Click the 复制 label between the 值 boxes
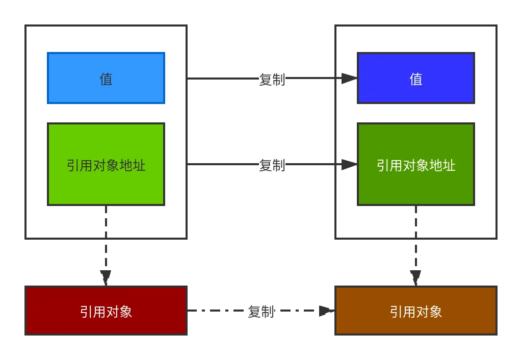[272, 80]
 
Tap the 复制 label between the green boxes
[272, 165]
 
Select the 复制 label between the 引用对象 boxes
[261, 311]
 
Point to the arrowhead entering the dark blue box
[349, 78]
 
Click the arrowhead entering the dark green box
[349, 164]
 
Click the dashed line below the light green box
[106, 222]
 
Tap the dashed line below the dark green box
[416, 222]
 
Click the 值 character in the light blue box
[106, 79]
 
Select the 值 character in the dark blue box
[416, 79]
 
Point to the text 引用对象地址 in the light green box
[106, 165]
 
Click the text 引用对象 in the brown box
[416, 312]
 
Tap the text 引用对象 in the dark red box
[106, 312]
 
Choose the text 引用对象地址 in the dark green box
[416, 165]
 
